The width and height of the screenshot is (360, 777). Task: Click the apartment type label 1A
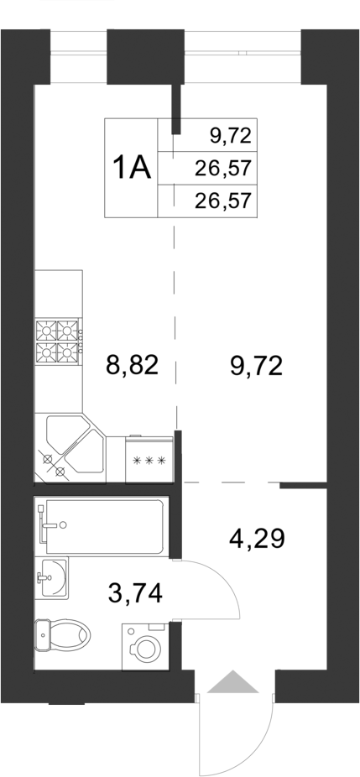click(131, 168)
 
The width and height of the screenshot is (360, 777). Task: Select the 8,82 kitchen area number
click(132, 366)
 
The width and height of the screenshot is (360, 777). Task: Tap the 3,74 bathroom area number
click(135, 592)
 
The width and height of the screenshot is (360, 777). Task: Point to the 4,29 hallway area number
click(257, 538)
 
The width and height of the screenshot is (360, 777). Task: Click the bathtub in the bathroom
click(104, 526)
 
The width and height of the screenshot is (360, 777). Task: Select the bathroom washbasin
click(52, 577)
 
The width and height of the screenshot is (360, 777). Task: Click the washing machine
click(145, 647)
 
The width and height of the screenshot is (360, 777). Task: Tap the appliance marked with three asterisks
click(149, 459)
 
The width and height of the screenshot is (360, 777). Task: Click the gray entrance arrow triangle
click(233, 682)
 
